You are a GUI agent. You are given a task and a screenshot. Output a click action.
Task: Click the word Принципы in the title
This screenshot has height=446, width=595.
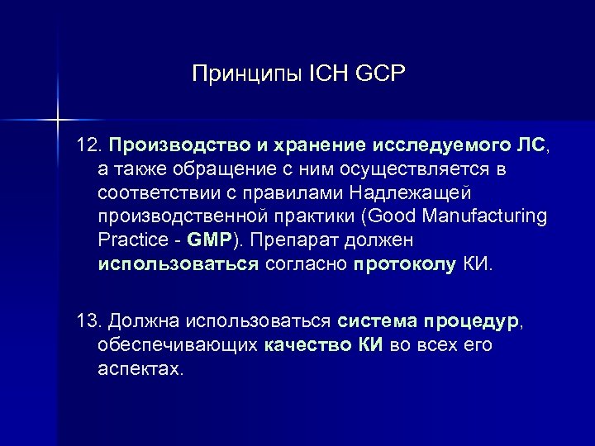tap(239, 75)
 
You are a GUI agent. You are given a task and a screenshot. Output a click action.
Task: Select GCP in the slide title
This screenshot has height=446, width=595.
tap(382, 75)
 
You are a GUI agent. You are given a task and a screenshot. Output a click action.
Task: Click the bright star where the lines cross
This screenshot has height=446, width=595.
tap(57, 118)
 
